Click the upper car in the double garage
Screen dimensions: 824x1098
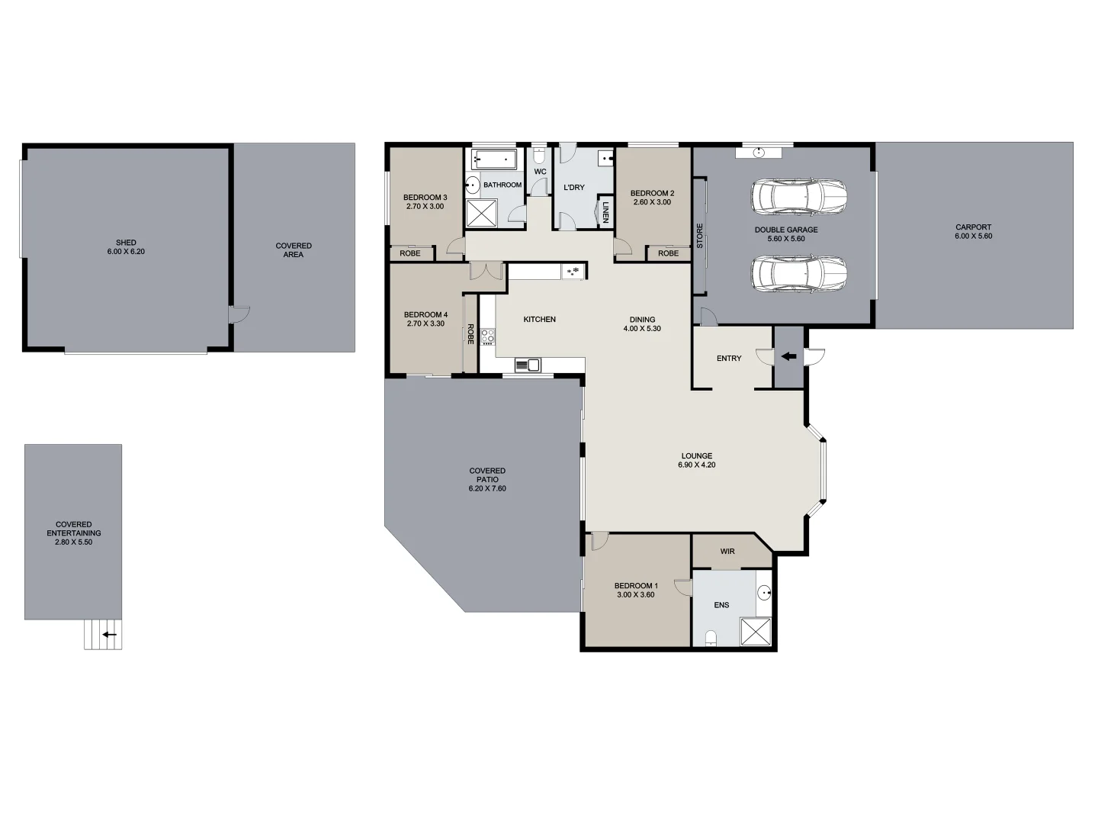[798, 198]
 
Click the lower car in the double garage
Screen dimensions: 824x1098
[798, 273]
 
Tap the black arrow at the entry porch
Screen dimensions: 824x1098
[788, 356]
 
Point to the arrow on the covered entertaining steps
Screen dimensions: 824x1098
[110, 634]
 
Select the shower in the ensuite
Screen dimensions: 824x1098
[757, 632]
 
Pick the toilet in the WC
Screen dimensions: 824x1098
[539, 157]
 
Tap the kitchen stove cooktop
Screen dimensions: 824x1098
[488, 336]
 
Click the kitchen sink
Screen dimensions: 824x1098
[527, 365]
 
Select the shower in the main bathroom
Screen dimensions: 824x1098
[481, 213]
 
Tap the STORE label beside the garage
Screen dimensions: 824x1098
[700, 235]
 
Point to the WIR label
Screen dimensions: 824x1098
[727, 551]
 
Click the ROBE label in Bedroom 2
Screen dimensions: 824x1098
[668, 253]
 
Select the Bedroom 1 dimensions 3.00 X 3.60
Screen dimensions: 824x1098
[635, 595]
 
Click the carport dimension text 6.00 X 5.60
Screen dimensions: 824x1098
[974, 237]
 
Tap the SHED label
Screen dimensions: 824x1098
[126, 243]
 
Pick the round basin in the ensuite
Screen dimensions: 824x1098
[765, 592]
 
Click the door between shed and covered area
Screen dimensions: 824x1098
[238, 314]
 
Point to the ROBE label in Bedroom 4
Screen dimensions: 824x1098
[470, 334]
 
